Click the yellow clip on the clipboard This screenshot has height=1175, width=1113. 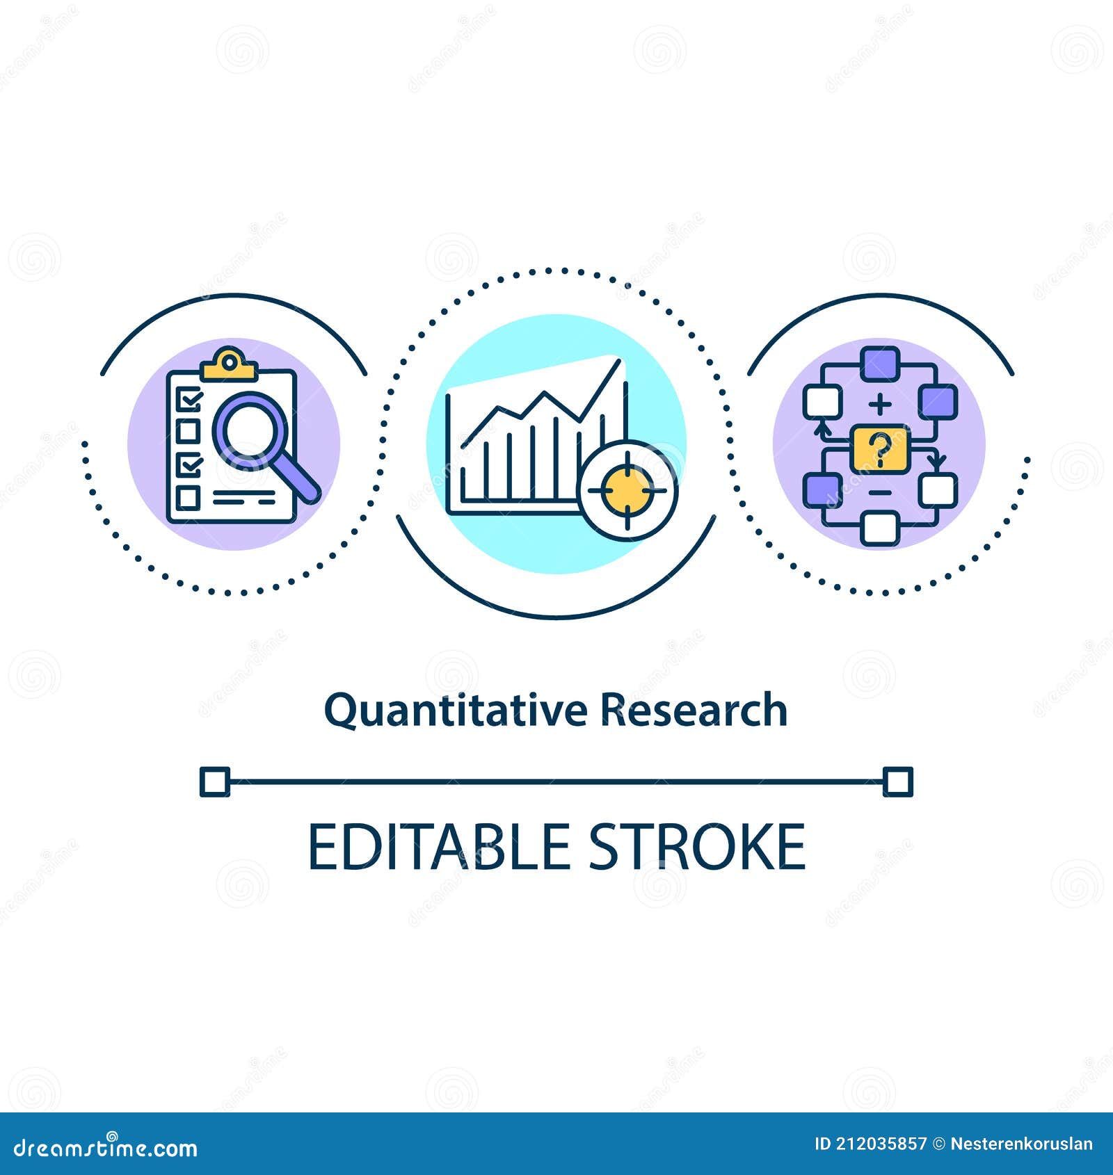[x=229, y=364]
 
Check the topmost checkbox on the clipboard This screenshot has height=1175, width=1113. [x=189, y=399]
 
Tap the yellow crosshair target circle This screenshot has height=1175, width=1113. [x=627, y=491]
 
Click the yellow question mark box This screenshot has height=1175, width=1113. [x=880, y=449]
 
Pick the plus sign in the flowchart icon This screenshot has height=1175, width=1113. [x=880, y=403]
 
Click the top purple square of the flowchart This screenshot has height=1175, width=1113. [x=880, y=363]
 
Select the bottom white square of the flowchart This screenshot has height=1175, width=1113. [x=879, y=528]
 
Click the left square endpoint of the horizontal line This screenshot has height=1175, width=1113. [x=215, y=781]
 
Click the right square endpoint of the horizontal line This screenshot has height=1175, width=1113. [x=897, y=781]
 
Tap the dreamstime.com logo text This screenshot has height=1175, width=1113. [x=106, y=1147]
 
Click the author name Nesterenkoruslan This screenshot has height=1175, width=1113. [x=1021, y=1144]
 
